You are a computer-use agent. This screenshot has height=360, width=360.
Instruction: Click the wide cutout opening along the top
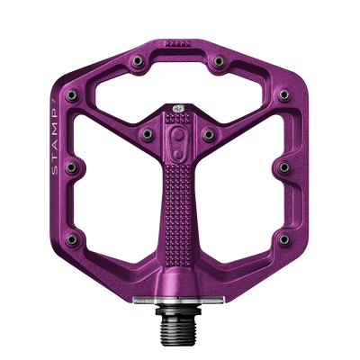click(x=180, y=81)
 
